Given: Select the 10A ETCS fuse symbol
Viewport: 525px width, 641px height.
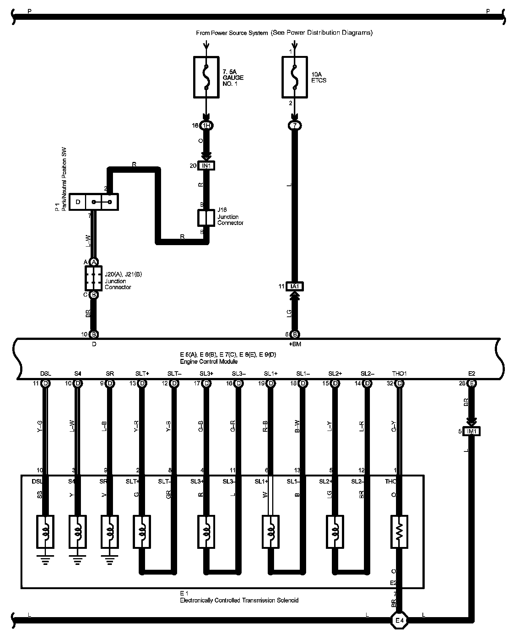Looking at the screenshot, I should (x=295, y=77).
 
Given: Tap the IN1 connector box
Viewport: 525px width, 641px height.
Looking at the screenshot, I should (x=206, y=165).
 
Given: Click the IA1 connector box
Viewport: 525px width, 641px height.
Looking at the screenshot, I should (x=295, y=287).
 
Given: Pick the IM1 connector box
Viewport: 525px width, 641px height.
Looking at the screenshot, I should (x=472, y=431).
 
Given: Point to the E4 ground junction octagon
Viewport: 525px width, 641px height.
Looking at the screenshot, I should (x=399, y=620).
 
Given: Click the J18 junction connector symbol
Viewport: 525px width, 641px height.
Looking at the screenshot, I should (x=206, y=218).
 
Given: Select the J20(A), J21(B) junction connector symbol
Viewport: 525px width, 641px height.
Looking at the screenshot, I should (x=94, y=278).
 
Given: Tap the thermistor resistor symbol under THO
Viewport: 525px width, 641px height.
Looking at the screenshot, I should (x=399, y=532).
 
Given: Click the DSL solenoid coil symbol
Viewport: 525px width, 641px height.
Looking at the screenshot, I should (x=45, y=532).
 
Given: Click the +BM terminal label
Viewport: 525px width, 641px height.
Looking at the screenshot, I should (x=295, y=344).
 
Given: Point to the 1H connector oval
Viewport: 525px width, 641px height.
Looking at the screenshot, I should (x=206, y=126).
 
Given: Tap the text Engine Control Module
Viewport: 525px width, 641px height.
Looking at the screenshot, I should (x=209, y=362).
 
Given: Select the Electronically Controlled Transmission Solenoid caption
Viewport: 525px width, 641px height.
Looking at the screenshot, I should (x=239, y=600).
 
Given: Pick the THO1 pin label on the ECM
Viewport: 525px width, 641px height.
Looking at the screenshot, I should (x=399, y=373).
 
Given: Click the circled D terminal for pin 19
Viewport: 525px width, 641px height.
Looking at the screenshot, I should (x=271, y=383).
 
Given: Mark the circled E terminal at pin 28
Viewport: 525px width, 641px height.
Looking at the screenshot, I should (x=472, y=383).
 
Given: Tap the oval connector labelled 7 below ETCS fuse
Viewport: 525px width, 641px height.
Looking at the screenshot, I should (x=295, y=126).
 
